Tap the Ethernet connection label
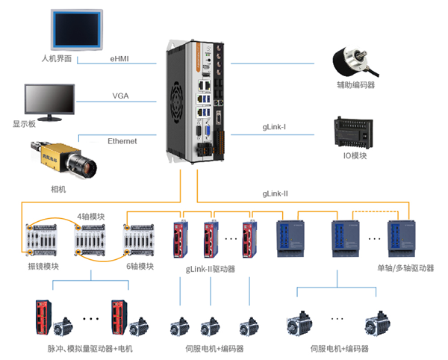point(122,141)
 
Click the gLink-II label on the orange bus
point(275,193)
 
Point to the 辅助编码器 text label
point(355,85)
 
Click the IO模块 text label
point(355,155)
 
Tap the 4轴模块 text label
point(92,217)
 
